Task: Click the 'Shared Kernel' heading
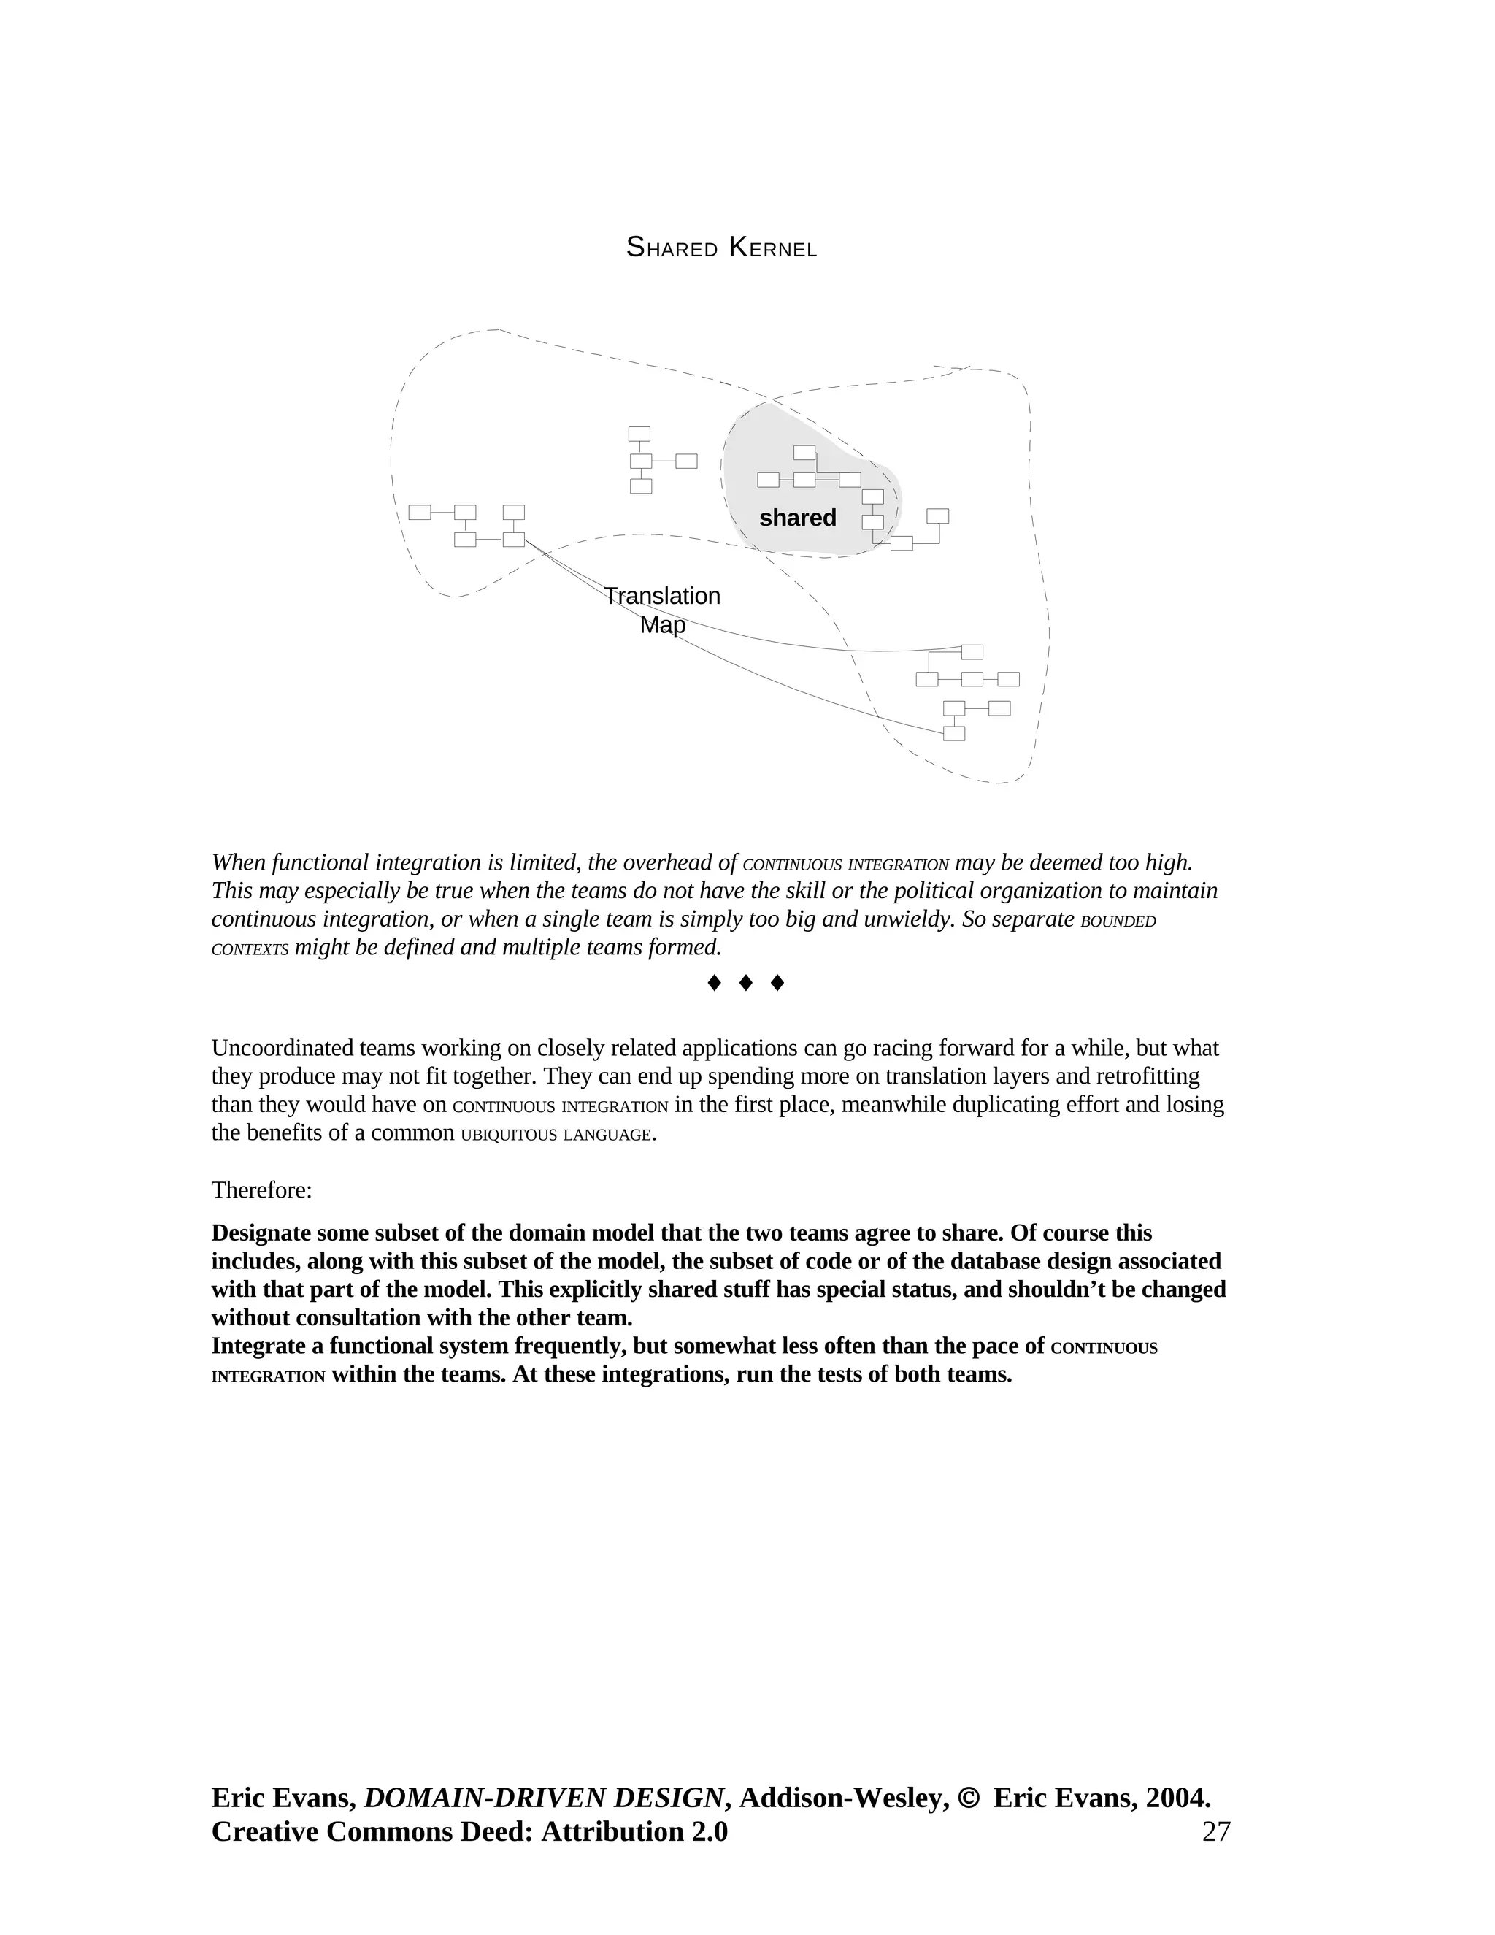click(x=721, y=248)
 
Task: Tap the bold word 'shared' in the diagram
click(x=797, y=518)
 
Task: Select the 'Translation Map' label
click(x=663, y=610)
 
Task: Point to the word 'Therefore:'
click(x=261, y=1190)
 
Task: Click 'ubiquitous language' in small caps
click(x=556, y=1134)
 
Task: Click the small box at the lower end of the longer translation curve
click(x=954, y=734)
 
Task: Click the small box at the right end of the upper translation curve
click(x=972, y=652)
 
